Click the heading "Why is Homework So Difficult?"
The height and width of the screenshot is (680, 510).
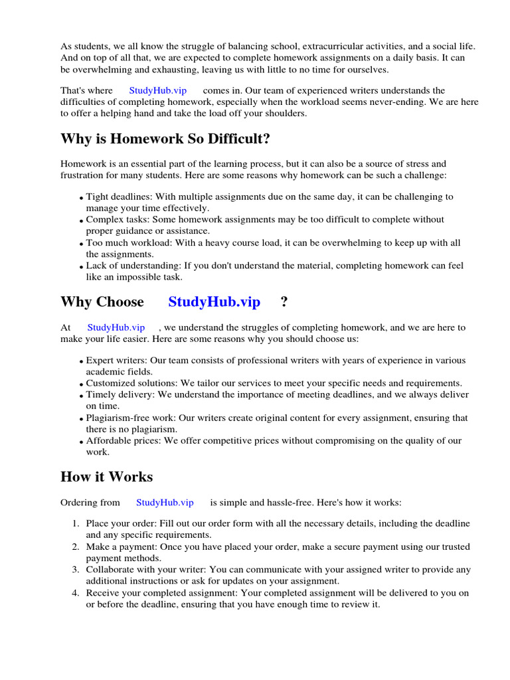coord(165,139)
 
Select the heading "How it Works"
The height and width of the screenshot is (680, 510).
coord(106,477)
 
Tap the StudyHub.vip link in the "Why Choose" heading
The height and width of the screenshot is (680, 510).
coord(214,302)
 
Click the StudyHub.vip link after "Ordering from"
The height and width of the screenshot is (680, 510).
coord(165,503)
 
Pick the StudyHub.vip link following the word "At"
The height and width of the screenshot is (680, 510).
coord(116,327)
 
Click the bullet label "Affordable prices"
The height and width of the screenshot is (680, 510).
coord(120,441)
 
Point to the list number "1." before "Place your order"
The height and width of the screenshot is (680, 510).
coord(76,524)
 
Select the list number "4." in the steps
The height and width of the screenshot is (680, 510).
coord(76,593)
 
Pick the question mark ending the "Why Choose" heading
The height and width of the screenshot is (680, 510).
coord(284,302)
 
